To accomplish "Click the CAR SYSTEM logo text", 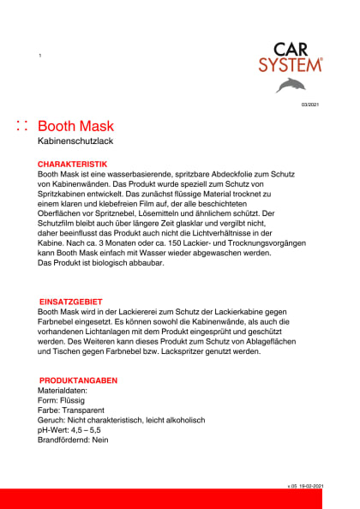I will pos(291,57).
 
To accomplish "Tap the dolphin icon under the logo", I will pos(291,84).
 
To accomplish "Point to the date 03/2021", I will pos(309,105).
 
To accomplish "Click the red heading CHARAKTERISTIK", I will pos(73,163).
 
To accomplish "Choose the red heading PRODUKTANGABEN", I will pos(78,380).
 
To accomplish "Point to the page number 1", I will pos(40,55).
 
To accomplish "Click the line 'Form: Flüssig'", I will pos(65,399).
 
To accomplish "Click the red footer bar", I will pos(180,499).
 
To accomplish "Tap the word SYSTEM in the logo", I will pos(291,64).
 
